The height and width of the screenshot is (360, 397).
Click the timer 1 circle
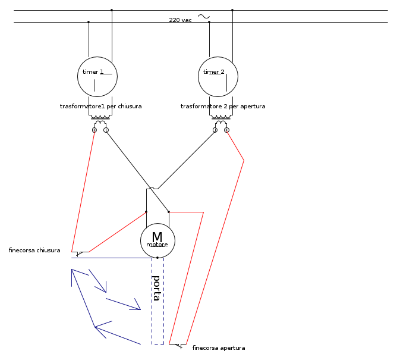[x=97, y=77]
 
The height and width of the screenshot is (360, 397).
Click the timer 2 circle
[x=218, y=77]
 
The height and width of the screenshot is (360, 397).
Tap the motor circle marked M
[x=157, y=240]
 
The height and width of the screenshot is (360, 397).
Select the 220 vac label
[x=180, y=20]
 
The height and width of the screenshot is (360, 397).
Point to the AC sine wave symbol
[x=203, y=17]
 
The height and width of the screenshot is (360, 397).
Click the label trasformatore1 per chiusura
[x=100, y=107]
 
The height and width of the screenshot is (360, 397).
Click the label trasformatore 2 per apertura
[x=223, y=107]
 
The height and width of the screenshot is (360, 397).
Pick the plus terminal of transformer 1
[x=94, y=130]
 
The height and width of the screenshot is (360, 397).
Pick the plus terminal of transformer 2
[x=226, y=130]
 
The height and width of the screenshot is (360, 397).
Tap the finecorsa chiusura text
[x=34, y=251]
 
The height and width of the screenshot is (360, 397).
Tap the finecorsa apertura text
[x=219, y=348]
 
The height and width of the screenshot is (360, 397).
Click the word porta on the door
[x=156, y=288]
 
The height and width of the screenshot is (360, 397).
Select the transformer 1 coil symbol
[x=100, y=121]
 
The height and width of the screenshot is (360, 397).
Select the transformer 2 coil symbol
[x=220, y=121]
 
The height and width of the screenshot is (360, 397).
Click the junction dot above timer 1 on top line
[x=112, y=10]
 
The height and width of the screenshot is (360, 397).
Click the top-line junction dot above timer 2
[x=232, y=10]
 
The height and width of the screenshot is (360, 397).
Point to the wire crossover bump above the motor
[x=152, y=189]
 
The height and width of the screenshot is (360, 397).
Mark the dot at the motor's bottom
[x=157, y=258]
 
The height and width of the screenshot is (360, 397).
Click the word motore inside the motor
[x=157, y=245]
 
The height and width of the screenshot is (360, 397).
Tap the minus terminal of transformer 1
[x=106, y=130]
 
